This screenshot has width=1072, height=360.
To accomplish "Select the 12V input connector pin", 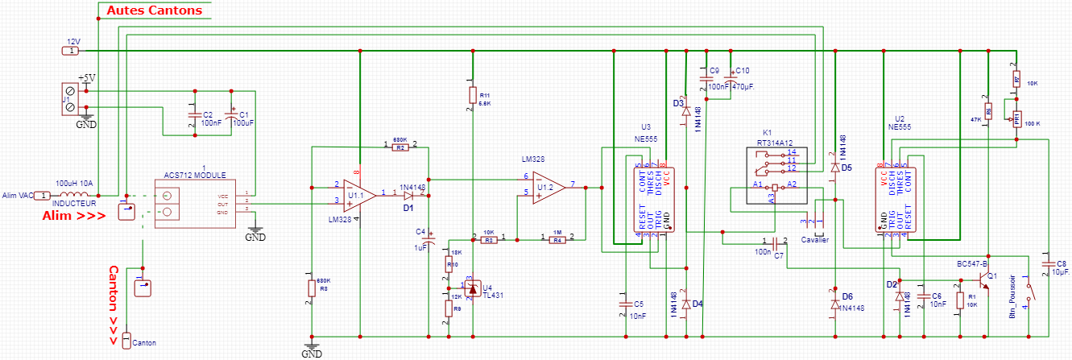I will point(71,51).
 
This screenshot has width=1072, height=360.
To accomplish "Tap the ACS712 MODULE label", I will point(195,175).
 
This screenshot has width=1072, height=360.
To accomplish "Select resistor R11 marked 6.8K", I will point(473,96).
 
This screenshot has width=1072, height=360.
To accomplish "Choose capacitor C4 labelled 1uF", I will point(428,239).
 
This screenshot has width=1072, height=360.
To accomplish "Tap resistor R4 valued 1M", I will point(557,239).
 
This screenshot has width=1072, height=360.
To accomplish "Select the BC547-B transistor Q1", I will point(983,280).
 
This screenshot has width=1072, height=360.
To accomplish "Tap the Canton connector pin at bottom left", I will point(126,341).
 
